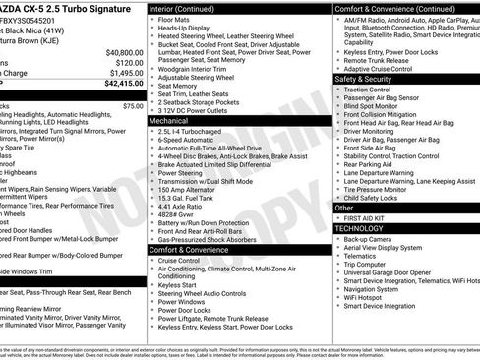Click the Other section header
[x=345, y=208]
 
